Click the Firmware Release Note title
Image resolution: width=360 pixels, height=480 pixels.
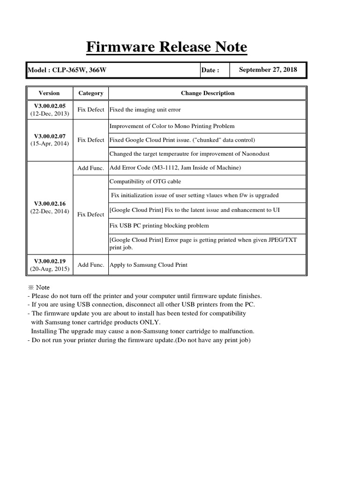point(167,47)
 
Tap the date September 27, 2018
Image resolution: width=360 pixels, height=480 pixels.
point(268,69)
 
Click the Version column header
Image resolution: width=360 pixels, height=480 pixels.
point(49,93)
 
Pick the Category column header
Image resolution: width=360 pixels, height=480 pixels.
point(90,93)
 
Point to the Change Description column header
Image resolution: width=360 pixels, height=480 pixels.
point(207,93)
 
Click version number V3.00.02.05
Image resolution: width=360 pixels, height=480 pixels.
point(49,106)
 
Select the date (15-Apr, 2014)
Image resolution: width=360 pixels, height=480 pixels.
point(49,143)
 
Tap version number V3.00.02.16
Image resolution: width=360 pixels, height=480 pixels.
point(49,203)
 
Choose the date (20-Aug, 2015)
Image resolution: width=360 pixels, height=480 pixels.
point(49,269)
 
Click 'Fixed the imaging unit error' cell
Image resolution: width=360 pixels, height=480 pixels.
point(145,110)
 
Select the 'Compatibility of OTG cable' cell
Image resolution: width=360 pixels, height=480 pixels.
point(145,181)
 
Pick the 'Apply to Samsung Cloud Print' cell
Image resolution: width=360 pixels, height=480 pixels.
point(148,265)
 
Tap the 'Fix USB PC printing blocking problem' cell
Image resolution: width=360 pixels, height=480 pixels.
point(159,225)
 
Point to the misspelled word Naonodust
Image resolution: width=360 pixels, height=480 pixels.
point(254,154)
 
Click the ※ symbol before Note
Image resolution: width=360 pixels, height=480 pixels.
point(31,287)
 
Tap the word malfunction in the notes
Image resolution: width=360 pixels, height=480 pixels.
point(236,331)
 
